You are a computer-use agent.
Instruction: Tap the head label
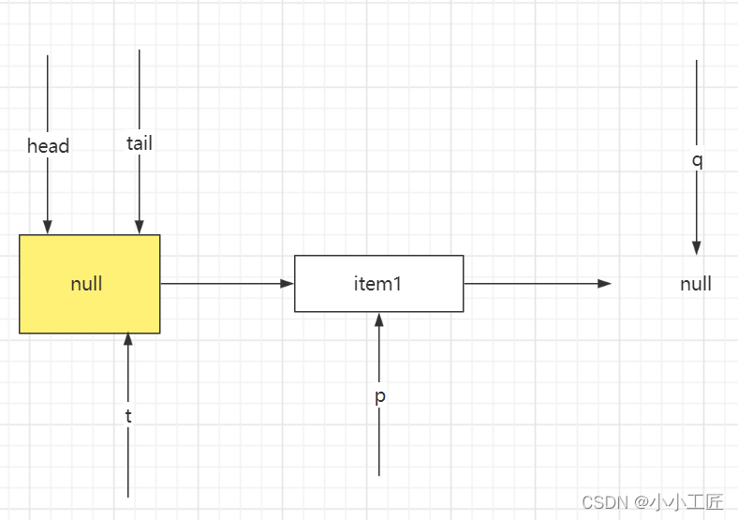pyautogui.click(x=48, y=146)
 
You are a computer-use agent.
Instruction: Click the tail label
pyautogui.click(x=140, y=143)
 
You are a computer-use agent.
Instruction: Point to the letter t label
pyautogui.click(x=128, y=416)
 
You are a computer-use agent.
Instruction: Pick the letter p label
pyautogui.click(x=379, y=396)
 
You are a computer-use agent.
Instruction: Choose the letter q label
pyautogui.click(x=697, y=160)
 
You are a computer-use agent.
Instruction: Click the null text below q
pyautogui.click(x=696, y=284)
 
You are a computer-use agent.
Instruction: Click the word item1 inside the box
pyautogui.click(x=378, y=283)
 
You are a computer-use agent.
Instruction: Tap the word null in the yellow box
pyautogui.click(x=86, y=284)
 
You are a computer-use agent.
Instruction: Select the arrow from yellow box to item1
pyautogui.click(x=225, y=283)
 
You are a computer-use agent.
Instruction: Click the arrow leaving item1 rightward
pyautogui.click(x=534, y=283)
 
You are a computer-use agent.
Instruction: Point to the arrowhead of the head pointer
pyautogui.click(x=48, y=228)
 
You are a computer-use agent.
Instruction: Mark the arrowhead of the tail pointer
pyautogui.click(x=140, y=228)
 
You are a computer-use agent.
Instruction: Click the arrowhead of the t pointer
pyautogui.click(x=128, y=340)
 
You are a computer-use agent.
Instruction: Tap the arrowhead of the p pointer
pyautogui.click(x=379, y=319)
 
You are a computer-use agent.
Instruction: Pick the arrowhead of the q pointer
pyautogui.click(x=697, y=247)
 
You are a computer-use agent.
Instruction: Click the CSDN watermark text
pyautogui.click(x=604, y=502)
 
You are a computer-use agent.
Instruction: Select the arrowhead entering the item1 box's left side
pyautogui.click(x=288, y=283)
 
